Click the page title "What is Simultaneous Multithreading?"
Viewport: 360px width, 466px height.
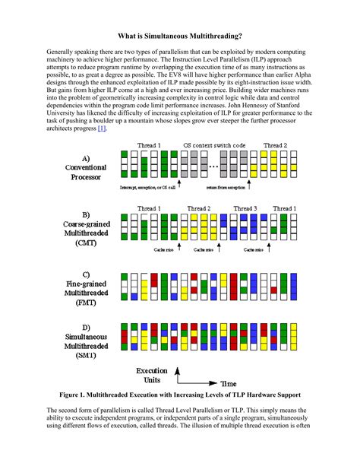[x=180, y=36]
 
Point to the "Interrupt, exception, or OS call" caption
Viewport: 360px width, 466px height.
[x=147, y=185]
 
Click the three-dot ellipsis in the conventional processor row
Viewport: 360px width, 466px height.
[x=214, y=165]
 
